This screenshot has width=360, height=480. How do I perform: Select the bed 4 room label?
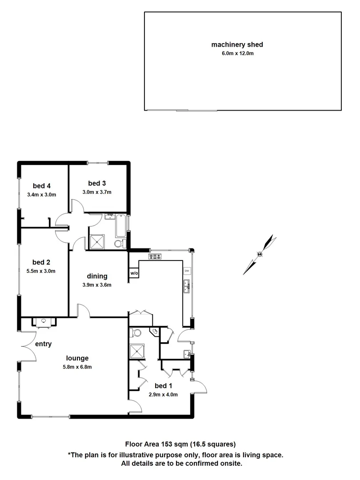pyautogui.click(x=41, y=186)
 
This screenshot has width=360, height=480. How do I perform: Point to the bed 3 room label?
pyautogui.click(x=96, y=183)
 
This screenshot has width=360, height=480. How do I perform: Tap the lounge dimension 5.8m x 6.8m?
pyautogui.click(x=77, y=367)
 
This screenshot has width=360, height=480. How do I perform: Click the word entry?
pyautogui.click(x=44, y=344)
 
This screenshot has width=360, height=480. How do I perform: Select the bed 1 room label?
pyautogui.click(x=163, y=385)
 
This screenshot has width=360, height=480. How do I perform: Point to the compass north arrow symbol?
pyautogui.click(x=260, y=254)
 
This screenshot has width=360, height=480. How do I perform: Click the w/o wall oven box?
pyautogui.click(x=133, y=273)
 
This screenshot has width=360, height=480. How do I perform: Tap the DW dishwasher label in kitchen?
pyautogui.click(x=187, y=271)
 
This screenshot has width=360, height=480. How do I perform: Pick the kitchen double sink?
pyautogui.click(x=187, y=286)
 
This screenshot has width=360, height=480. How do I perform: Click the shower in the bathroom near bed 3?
pyautogui.click(x=96, y=241)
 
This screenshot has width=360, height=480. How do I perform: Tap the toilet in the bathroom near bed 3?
pyautogui.click(x=118, y=244)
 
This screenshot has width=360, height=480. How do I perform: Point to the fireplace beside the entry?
pyautogui.click(x=44, y=321)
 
